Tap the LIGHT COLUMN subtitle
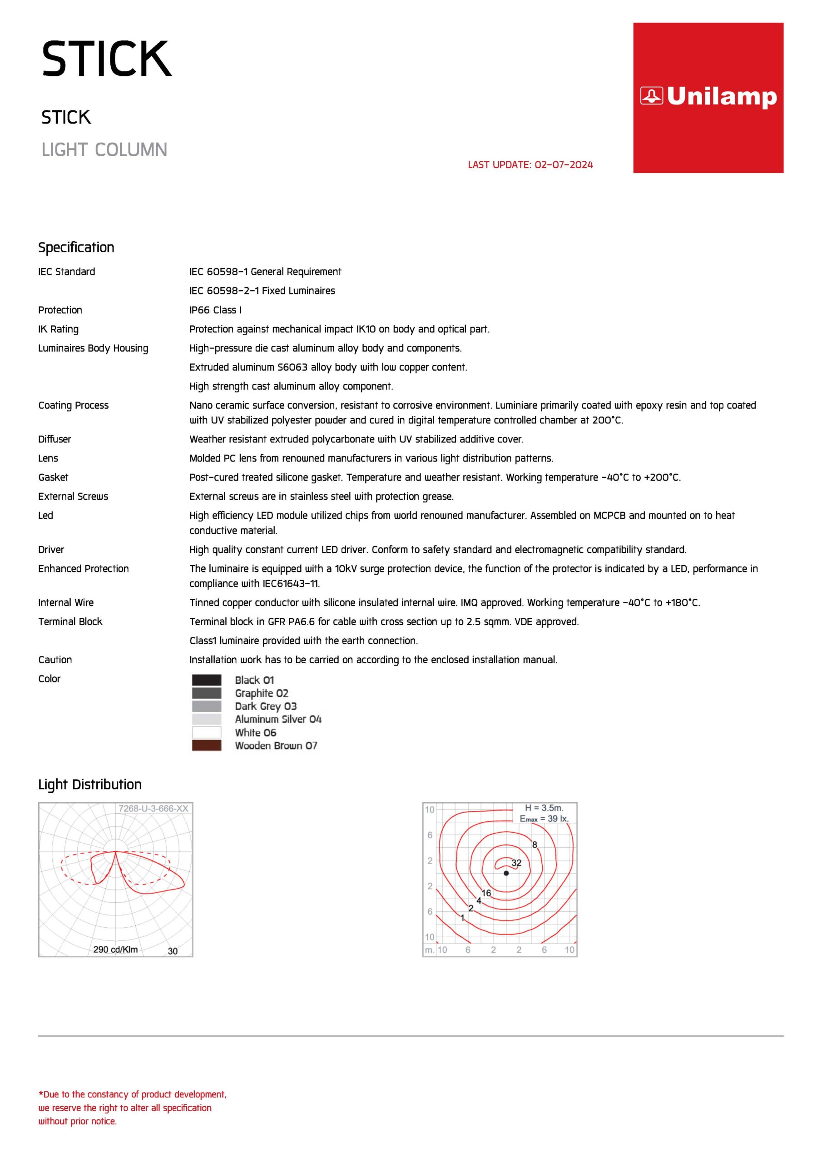click(104, 150)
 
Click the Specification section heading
click(76, 247)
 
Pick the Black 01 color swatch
click(207, 680)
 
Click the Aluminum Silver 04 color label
click(278, 719)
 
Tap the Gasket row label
click(53, 477)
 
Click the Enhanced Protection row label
click(84, 568)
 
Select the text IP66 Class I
click(215, 310)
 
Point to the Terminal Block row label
click(70, 621)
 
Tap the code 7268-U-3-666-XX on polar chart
click(153, 809)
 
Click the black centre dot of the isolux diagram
click(506, 873)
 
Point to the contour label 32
click(516, 863)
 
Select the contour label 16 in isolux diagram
click(486, 893)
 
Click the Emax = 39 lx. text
click(544, 819)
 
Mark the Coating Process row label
click(74, 405)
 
